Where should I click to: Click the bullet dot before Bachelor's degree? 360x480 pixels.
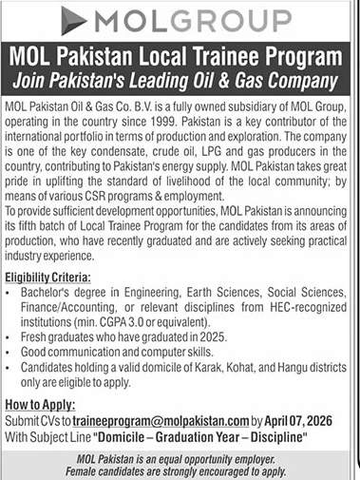13,294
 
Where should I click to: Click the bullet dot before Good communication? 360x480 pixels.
13,350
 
